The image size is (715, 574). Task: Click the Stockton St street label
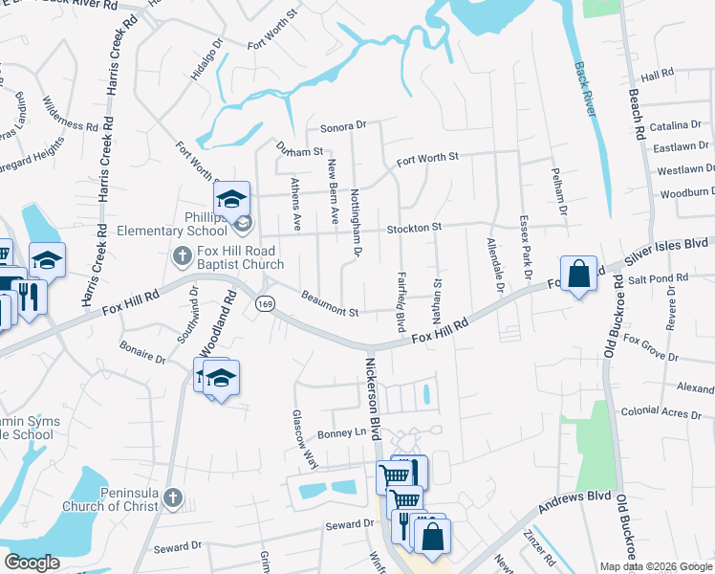[413, 228]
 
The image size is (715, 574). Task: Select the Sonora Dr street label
[343, 126]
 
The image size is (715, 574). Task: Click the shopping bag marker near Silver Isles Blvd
[578, 275]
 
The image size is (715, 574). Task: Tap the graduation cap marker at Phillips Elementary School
[231, 200]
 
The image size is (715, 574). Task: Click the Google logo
[32, 563]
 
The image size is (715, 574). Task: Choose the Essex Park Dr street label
[525, 247]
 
